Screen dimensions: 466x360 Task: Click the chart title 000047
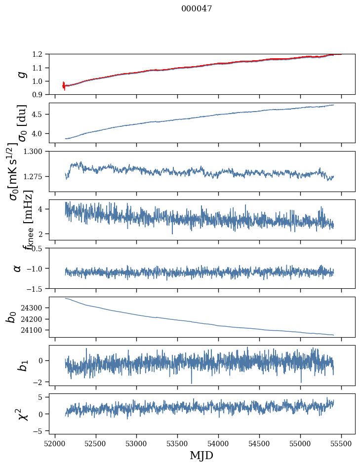coord(197,8)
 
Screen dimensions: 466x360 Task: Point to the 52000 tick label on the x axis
coord(55,442)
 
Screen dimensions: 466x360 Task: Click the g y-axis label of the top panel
coord(21,74)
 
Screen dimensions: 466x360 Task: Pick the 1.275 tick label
coord(35,176)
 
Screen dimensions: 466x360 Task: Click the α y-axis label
coord(17,268)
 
